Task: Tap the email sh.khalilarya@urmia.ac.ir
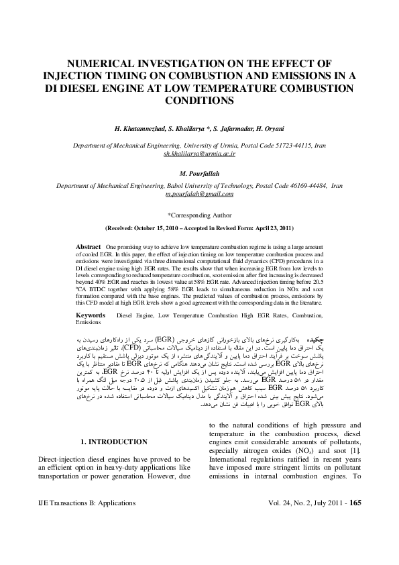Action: click(199, 154)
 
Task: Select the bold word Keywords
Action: click(91, 314)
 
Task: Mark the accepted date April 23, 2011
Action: click(270, 228)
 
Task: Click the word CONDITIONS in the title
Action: click(199, 101)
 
